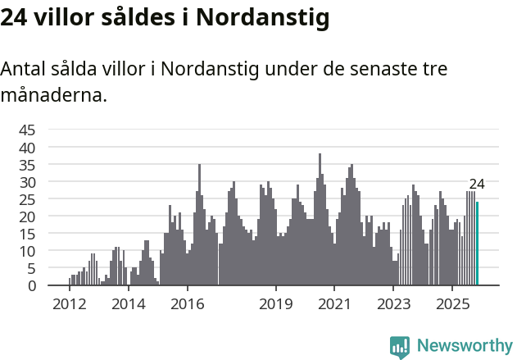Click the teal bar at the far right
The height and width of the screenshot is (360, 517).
pyautogui.click(x=478, y=244)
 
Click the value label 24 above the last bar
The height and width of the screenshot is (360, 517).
pyautogui.click(x=477, y=184)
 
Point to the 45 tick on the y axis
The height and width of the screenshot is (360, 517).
pyautogui.click(x=27, y=130)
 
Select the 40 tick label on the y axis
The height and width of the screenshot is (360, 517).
pyautogui.click(x=27, y=147)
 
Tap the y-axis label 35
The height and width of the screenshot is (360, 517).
pyautogui.click(x=27, y=164)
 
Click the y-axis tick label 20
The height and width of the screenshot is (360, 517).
pyautogui.click(x=27, y=216)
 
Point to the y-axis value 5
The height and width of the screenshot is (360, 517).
pyautogui.click(x=31, y=268)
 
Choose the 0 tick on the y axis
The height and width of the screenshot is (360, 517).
pyautogui.click(x=31, y=285)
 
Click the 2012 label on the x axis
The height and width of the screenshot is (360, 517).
pyautogui.click(x=69, y=305)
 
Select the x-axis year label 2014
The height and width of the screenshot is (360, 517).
pyautogui.click(x=128, y=305)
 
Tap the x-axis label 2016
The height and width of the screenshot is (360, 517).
pyautogui.click(x=188, y=305)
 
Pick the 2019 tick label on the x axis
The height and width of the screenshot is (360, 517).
pyautogui.click(x=276, y=305)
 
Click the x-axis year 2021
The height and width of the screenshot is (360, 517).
pyautogui.click(x=334, y=305)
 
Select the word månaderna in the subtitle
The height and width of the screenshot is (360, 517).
pyautogui.click(x=53, y=95)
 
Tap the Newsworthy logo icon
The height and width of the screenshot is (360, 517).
pyautogui.click(x=400, y=346)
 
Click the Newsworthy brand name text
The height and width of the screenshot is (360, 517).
pyautogui.click(x=465, y=345)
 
